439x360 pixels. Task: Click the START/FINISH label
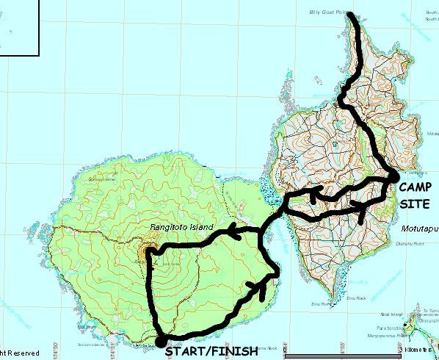tap(211, 351)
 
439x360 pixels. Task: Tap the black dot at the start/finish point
tap(159, 342)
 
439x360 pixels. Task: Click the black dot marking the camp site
tap(393, 176)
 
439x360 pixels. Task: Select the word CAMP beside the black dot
tap(417, 187)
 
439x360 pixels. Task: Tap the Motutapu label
tap(419, 228)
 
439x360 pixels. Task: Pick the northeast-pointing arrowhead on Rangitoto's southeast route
tap(259, 287)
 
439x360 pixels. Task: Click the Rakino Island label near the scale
tap(391, 314)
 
